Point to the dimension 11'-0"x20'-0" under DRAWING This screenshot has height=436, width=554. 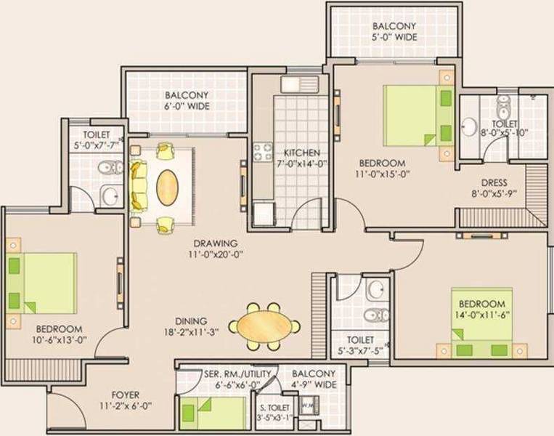[x=216, y=254]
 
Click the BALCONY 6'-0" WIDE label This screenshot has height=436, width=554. [x=187, y=100]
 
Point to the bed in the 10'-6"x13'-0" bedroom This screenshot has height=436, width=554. [x=42, y=283]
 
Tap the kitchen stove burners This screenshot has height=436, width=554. [x=262, y=152]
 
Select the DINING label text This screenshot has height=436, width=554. [x=190, y=320]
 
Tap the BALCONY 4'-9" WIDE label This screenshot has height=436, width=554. [x=314, y=379]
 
